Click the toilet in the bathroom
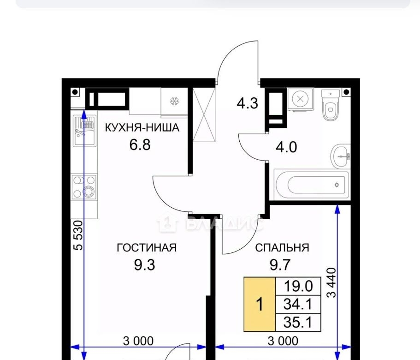(331, 105)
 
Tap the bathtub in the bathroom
(312, 185)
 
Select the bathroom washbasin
(341, 156)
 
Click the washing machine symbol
(300, 99)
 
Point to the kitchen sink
(85, 130)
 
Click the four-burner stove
(84, 186)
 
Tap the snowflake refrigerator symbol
(174, 102)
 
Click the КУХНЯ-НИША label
(142, 127)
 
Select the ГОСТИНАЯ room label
(147, 248)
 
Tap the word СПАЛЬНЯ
(282, 248)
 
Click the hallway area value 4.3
(247, 103)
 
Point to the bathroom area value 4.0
(286, 147)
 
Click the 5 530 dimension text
(79, 235)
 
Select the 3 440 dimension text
(331, 282)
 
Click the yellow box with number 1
(260, 304)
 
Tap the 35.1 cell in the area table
(298, 322)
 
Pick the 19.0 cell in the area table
(298, 286)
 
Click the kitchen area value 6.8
(140, 145)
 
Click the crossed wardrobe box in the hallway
(204, 115)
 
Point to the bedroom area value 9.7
(280, 265)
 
